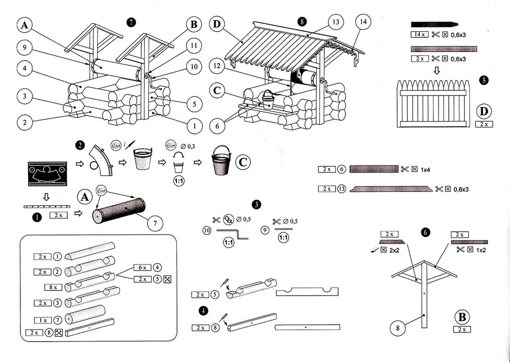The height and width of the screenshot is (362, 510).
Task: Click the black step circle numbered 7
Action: [x=132, y=22]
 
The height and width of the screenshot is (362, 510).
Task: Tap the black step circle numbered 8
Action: [x=302, y=22]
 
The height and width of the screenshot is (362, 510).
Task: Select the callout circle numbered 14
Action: [x=363, y=22]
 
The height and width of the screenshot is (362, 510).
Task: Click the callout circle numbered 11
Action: [x=193, y=45]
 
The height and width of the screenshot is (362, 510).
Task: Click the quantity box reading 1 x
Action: [x=43, y=320]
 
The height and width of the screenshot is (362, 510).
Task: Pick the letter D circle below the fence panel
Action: [x=484, y=111]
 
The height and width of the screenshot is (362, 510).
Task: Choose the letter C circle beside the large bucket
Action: [x=243, y=162]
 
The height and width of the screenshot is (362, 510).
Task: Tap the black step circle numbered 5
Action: [x=484, y=80]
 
